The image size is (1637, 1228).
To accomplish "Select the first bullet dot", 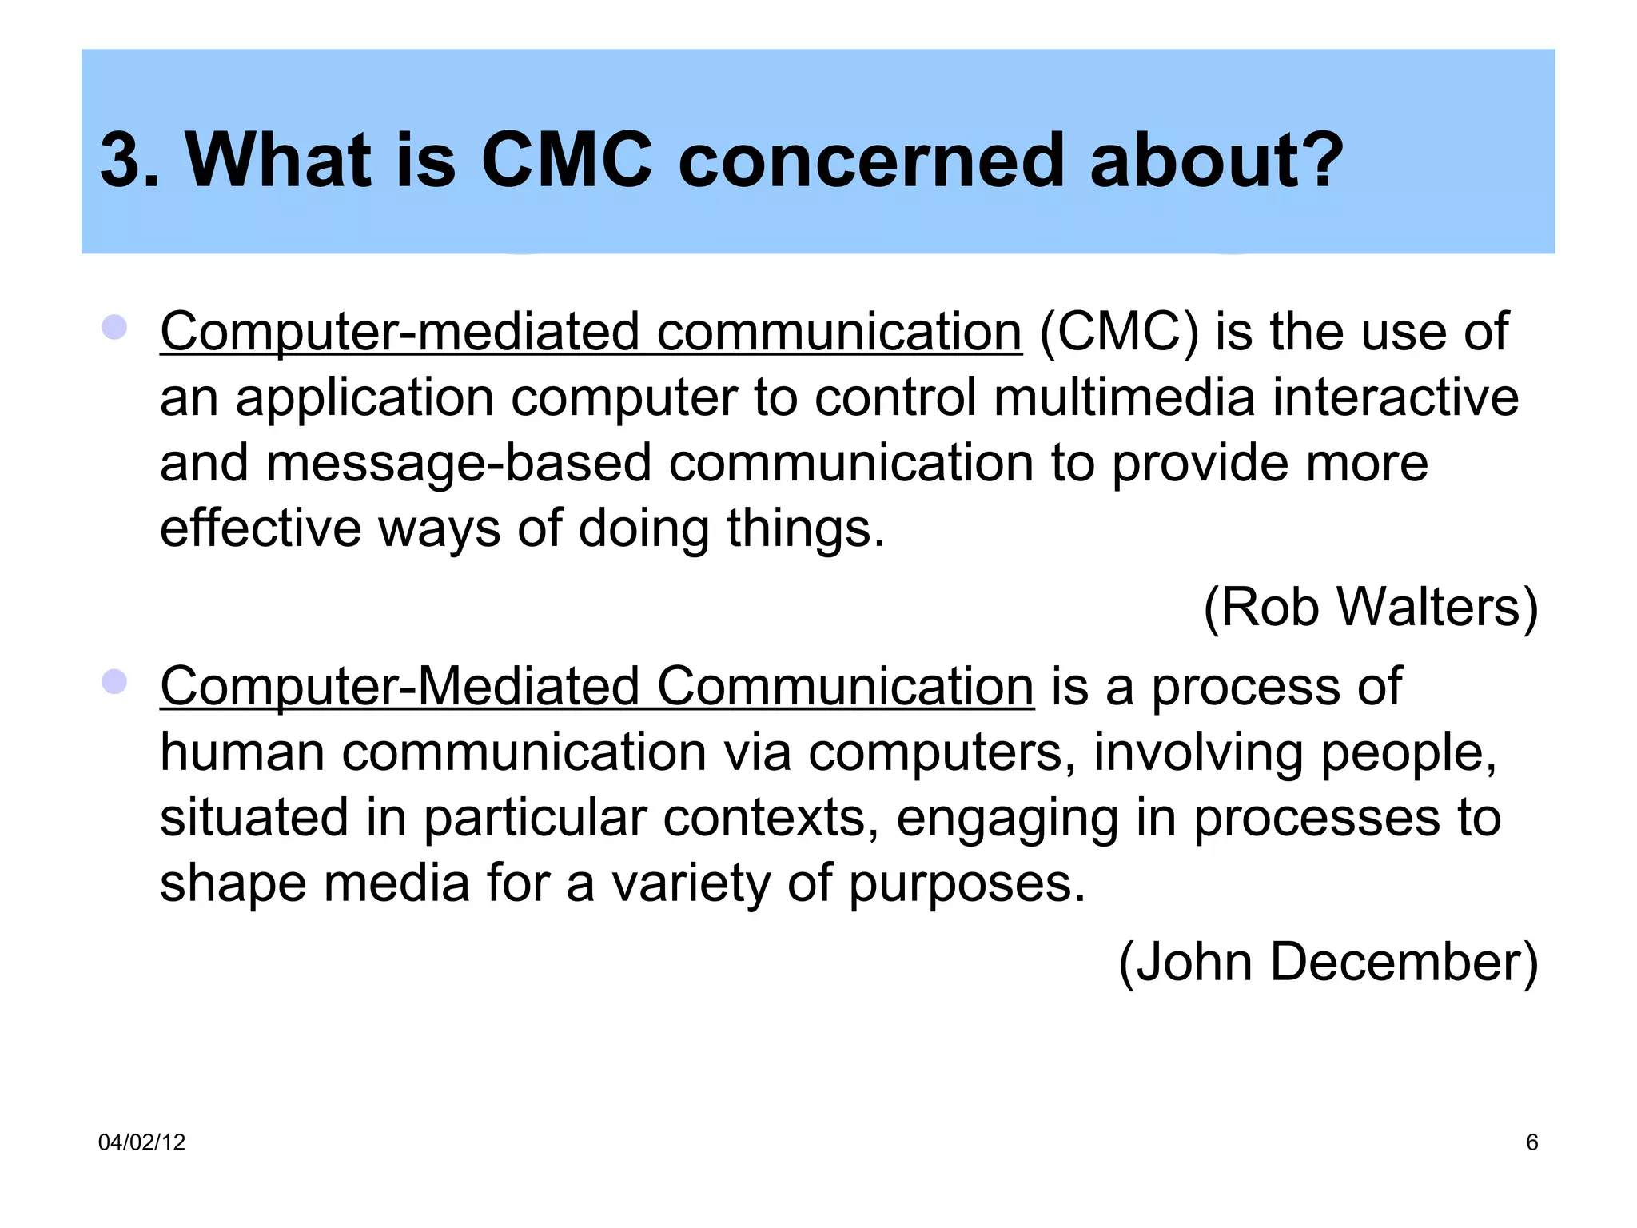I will tap(115, 328).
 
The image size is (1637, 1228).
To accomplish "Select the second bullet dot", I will tap(115, 682).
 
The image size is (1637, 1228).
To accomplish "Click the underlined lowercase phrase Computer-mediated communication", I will tap(591, 332).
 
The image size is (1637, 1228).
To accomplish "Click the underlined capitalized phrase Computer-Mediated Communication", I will tap(596, 687).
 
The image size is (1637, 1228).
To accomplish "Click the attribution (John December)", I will tap(1328, 963).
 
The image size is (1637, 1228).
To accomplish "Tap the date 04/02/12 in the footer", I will tap(141, 1142).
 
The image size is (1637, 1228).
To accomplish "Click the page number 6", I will tap(1531, 1142).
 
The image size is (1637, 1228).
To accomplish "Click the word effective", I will tap(261, 528).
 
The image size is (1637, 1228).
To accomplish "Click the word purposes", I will tap(966, 885).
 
